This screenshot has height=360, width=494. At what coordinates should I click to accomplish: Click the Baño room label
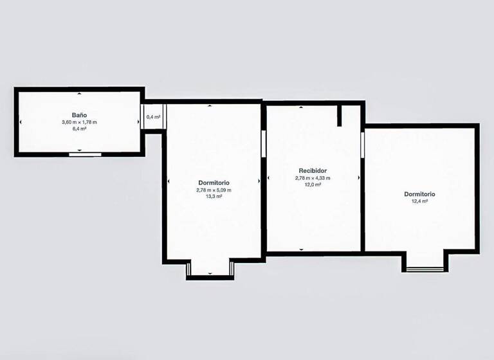click(79, 114)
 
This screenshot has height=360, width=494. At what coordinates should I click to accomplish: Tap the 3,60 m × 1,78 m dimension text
click(79, 122)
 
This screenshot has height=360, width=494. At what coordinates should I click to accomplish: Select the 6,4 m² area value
click(79, 129)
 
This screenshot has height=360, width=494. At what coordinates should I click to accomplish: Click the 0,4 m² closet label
click(153, 117)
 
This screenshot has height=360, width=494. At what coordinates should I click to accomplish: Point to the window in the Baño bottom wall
click(86, 154)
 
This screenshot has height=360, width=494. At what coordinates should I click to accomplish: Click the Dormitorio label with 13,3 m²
click(214, 183)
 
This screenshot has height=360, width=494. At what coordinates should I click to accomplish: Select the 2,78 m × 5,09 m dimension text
click(214, 190)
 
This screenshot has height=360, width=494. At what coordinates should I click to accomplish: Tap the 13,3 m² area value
click(214, 197)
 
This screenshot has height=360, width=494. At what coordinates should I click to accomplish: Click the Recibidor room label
click(312, 171)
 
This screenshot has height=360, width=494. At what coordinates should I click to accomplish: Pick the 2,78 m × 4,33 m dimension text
click(312, 178)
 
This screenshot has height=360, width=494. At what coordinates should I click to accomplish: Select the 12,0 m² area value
click(312, 184)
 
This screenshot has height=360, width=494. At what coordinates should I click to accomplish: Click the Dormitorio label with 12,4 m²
click(419, 194)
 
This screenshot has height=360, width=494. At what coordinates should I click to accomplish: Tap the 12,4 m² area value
click(419, 201)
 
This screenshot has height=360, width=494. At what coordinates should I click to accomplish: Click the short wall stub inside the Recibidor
click(339, 116)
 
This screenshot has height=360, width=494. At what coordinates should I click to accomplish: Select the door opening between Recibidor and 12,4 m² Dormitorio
click(362, 142)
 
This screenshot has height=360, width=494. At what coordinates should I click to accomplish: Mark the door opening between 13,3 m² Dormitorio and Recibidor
click(264, 143)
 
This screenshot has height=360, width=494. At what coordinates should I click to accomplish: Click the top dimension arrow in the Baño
click(79, 94)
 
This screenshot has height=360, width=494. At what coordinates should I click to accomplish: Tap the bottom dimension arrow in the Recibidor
click(300, 249)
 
